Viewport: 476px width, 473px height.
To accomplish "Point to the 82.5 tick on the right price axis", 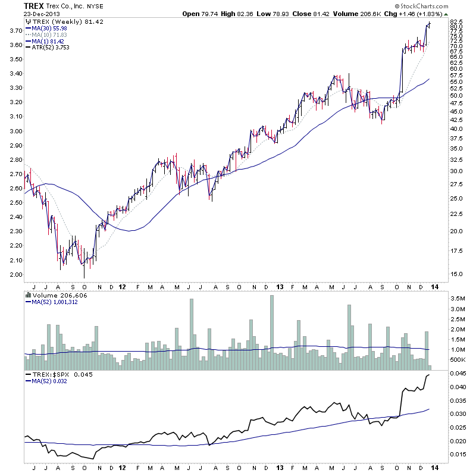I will pos(457,22).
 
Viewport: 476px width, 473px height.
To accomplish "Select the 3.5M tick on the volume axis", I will pos(457,297).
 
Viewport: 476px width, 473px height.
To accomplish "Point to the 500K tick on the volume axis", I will pos(457,361).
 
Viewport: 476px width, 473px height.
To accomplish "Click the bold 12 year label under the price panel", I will pos(123,286).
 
